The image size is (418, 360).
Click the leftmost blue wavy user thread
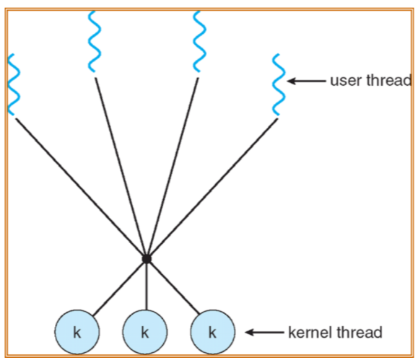[14, 84]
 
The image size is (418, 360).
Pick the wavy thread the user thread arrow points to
[278, 84]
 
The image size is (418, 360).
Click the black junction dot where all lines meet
[147, 258]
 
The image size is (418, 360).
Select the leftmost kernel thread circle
[77, 333]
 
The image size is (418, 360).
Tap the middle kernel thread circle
[144, 333]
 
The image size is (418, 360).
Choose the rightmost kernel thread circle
[212, 333]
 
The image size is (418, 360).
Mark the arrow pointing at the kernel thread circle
[264, 333]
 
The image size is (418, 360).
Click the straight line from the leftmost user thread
[79, 186]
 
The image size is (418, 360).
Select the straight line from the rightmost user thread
[213, 188]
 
